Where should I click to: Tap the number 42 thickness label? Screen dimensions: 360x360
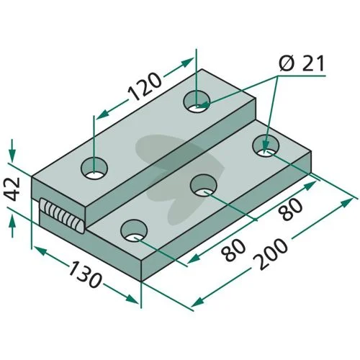(12, 189)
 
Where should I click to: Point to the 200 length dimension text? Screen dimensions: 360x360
(271, 254)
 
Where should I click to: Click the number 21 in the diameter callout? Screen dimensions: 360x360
(312, 63)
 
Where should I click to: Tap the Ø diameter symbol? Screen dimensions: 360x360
(287, 63)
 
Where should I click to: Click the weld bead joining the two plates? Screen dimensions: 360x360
(63, 215)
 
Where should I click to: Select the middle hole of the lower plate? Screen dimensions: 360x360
(203, 185)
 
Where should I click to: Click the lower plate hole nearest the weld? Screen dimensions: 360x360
(134, 230)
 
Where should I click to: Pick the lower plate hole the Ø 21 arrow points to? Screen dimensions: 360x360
(266, 146)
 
